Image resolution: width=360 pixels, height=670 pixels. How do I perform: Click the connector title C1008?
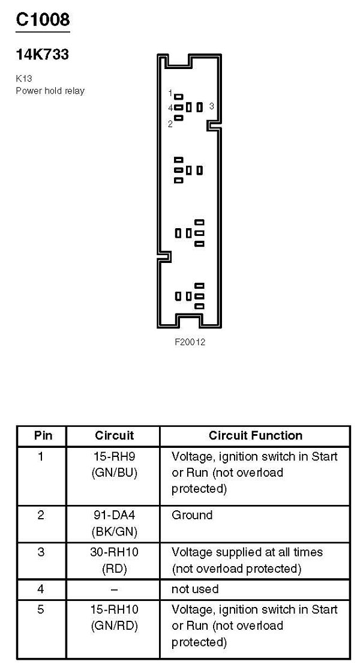click(43, 19)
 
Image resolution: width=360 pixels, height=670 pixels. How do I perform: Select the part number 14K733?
click(42, 55)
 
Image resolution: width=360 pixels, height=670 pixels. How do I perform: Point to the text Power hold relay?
click(50, 91)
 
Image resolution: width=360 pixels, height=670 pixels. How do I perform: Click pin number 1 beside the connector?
click(170, 94)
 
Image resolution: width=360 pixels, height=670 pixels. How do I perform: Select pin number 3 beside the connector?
click(212, 106)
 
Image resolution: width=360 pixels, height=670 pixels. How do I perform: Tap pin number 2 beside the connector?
click(170, 124)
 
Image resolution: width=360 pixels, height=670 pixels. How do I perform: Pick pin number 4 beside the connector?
click(170, 108)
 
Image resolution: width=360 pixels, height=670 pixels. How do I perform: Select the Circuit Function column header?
click(256, 435)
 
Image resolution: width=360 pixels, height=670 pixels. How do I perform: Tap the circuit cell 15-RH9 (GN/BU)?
click(114, 464)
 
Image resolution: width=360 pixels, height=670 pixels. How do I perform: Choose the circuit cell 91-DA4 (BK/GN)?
click(114, 523)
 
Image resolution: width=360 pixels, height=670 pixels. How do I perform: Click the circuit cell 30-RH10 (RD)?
click(114, 560)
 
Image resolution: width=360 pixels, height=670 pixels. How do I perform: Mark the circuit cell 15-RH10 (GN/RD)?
click(114, 618)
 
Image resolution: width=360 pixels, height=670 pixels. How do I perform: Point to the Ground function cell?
click(192, 515)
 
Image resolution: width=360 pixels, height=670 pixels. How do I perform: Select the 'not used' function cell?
click(195, 589)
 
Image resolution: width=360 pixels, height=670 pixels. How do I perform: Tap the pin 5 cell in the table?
click(41, 610)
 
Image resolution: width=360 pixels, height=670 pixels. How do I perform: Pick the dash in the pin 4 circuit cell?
click(114, 589)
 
